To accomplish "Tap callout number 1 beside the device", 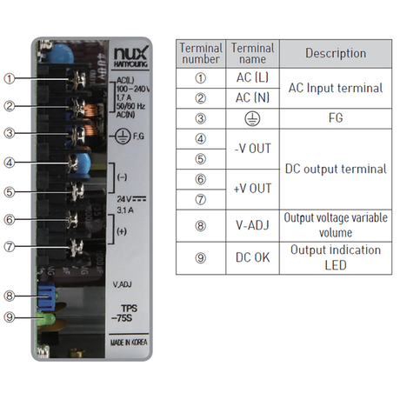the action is tap(10, 78).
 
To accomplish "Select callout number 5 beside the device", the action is tap(10, 192).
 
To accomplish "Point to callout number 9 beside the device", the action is tap(10, 317).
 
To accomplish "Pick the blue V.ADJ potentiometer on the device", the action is tap(46, 296).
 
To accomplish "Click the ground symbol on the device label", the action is tap(123, 137).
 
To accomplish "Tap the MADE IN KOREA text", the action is tap(129, 343).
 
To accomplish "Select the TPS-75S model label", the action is tap(125, 313).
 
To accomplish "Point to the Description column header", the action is tap(336, 53).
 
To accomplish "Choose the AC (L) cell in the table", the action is tap(252, 77).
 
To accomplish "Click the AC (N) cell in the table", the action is tap(252, 98).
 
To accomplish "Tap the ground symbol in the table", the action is tap(252, 118).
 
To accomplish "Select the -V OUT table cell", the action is tap(252, 149).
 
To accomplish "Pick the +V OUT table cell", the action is tap(252, 189).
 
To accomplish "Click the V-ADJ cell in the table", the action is tap(252, 225).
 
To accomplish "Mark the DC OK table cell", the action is tap(252, 257).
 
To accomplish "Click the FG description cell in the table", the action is tap(336, 118).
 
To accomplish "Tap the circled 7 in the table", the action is tap(201, 199).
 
